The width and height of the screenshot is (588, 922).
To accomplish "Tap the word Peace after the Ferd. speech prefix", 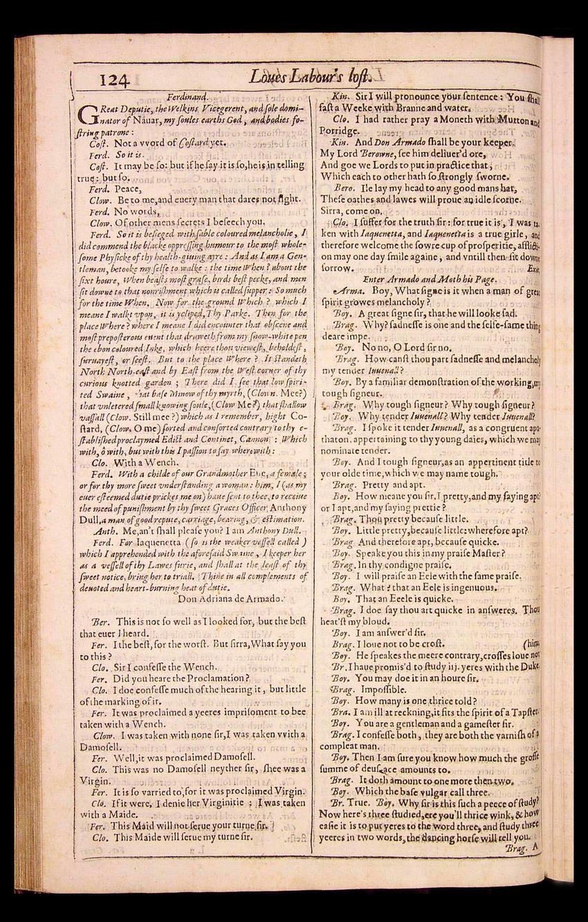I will pos(129,187).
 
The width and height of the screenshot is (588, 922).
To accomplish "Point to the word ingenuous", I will pos(472,587).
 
